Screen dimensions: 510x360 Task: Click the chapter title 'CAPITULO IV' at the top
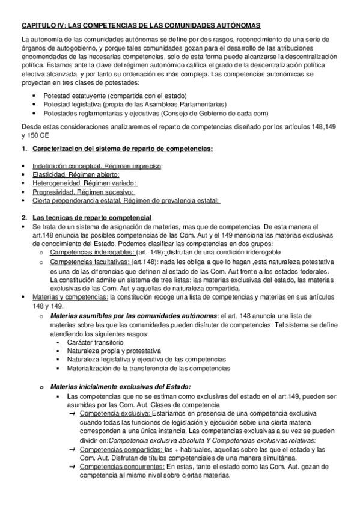42,26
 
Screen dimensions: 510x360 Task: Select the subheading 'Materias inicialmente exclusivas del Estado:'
120,386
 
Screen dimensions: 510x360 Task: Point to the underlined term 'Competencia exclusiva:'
114,414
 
